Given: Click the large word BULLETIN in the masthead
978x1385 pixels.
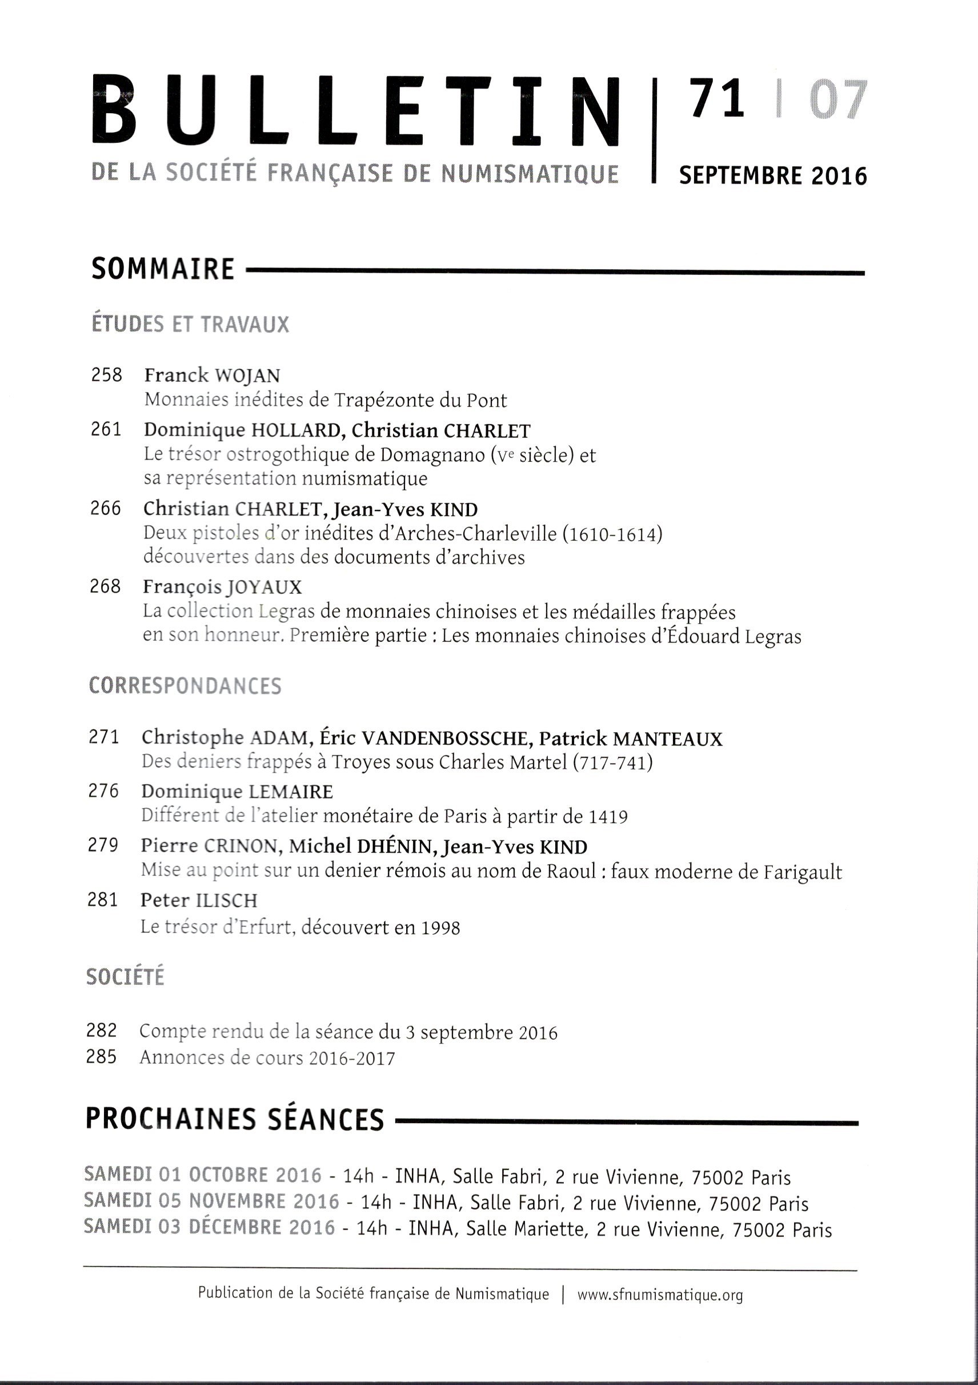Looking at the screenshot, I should tap(356, 110).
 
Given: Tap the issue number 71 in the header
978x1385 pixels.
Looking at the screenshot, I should tap(718, 99).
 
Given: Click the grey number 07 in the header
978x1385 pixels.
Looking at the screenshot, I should tap(837, 99).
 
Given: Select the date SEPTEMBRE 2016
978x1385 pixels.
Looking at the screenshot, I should tap(773, 175).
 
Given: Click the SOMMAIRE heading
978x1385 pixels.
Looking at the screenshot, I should tap(163, 269).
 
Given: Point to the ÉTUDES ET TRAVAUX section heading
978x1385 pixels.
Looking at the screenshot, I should tap(190, 325).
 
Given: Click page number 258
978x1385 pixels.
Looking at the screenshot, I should tap(107, 375).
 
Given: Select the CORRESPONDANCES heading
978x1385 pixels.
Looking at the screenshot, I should tap(185, 686).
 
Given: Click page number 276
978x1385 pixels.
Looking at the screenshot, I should tap(104, 792).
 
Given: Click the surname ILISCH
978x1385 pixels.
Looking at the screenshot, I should tap(227, 901).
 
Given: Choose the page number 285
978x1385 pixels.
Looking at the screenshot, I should tap(101, 1057).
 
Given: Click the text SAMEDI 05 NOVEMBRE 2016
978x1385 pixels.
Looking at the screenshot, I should tap(211, 1200).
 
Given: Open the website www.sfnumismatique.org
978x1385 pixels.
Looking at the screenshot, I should tap(660, 1295).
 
